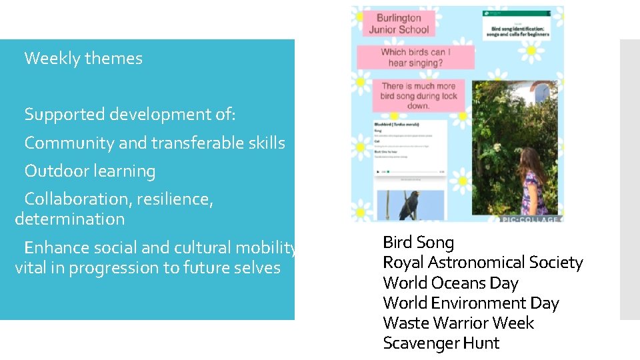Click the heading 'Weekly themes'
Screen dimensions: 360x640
[x=83, y=59]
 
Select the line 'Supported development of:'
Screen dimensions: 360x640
[x=129, y=115]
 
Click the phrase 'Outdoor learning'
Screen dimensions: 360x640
[x=89, y=171]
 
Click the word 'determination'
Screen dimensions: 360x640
[x=69, y=219]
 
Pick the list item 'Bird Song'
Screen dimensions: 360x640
[x=418, y=243]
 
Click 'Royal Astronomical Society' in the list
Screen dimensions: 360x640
[x=483, y=263]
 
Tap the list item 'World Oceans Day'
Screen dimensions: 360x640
[x=450, y=283]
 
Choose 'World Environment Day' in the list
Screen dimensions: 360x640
[x=471, y=303]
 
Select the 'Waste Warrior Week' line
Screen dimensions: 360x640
[x=458, y=323]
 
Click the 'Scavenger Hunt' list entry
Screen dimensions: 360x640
[x=441, y=343]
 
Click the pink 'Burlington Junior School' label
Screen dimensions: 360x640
[x=399, y=24]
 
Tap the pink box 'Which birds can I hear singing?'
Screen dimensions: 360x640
[x=416, y=57]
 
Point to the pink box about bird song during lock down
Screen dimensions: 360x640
[x=419, y=95]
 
